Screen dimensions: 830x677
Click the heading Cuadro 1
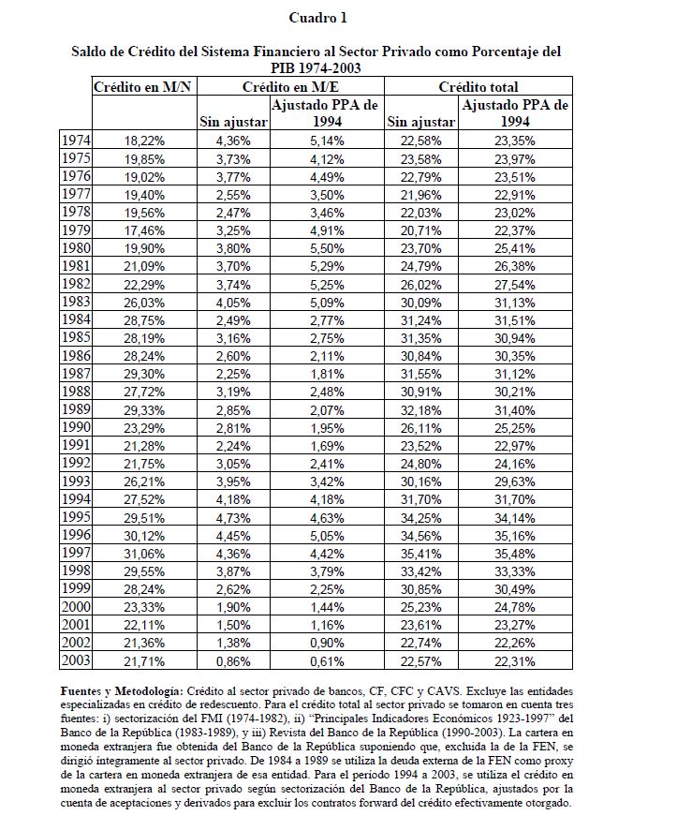(x=317, y=18)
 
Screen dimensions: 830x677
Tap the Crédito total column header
(x=479, y=86)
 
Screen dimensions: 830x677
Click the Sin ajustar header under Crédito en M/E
(x=233, y=122)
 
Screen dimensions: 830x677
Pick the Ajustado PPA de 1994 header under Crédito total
(x=516, y=113)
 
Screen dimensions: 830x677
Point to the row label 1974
(x=75, y=140)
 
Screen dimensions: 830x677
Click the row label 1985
(x=75, y=337)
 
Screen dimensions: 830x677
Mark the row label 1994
(x=75, y=499)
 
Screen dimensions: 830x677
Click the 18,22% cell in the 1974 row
(x=144, y=141)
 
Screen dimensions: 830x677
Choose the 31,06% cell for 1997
(x=144, y=554)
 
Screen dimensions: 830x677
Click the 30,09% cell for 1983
(x=420, y=303)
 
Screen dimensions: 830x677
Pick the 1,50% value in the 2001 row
(x=233, y=625)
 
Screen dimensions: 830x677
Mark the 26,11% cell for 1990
(x=420, y=428)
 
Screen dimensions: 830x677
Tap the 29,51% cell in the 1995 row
(x=144, y=517)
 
